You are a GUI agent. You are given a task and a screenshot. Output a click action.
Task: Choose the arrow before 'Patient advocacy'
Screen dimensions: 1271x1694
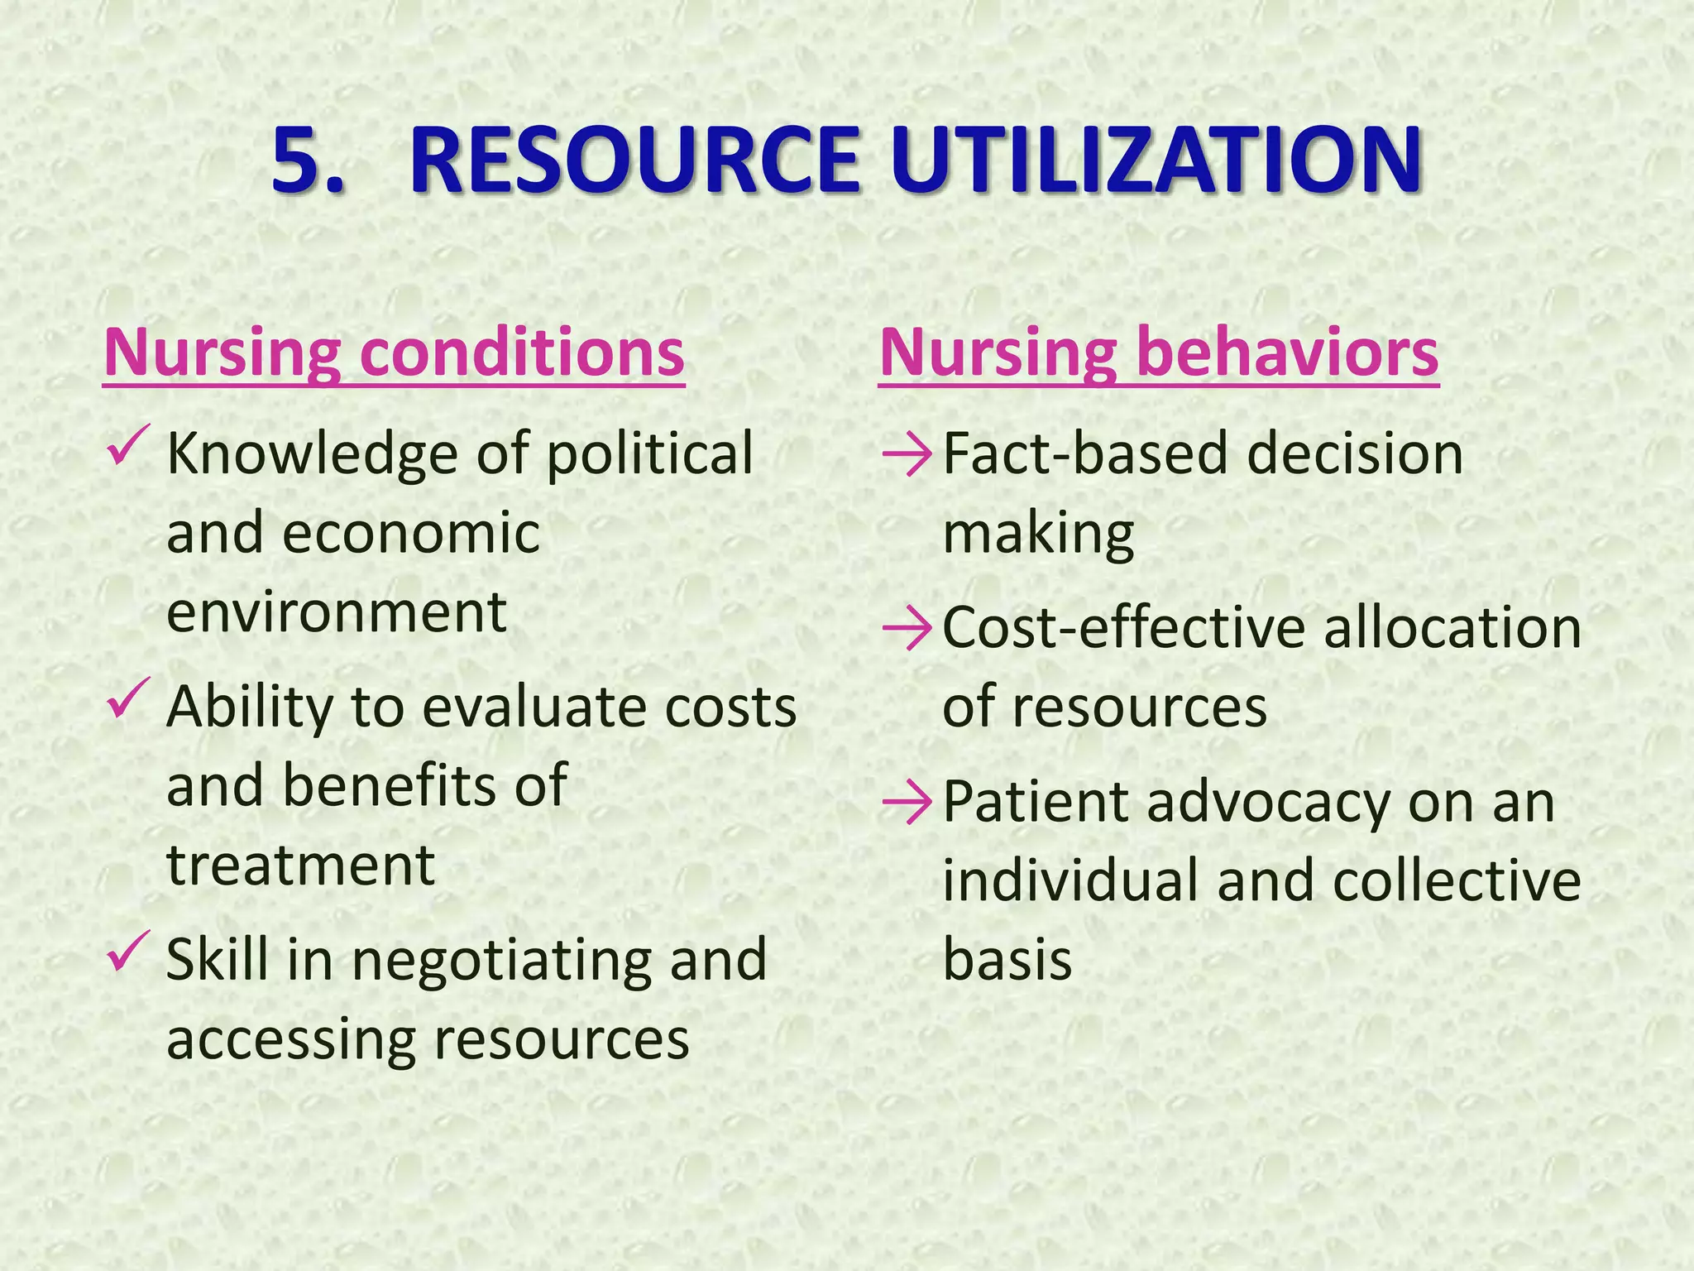907,803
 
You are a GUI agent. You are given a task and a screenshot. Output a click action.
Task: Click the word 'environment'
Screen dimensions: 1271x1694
337,612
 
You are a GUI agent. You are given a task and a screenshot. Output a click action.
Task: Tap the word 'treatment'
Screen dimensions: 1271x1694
301,866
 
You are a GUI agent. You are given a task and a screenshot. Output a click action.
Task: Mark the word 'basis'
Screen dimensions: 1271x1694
1007,960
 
